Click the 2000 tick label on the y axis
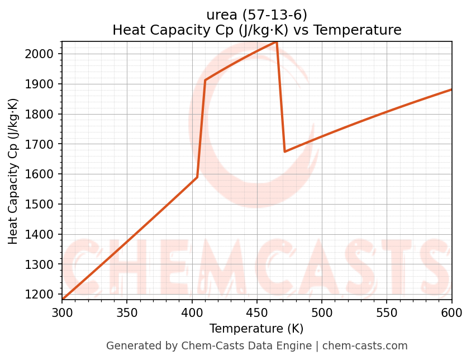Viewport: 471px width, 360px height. tap(43, 54)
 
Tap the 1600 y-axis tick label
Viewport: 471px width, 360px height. tap(43, 174)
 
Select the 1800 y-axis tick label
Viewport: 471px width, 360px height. tap(43, 115)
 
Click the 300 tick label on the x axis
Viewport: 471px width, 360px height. tap(62, 312)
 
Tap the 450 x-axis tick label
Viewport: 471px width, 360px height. tap(256, 312)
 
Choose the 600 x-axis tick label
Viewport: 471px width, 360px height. tap(451, 312)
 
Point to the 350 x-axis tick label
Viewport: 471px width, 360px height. tap(127, 312)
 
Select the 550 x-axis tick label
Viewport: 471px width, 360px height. tap(387, 312)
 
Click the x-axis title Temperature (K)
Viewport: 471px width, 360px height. tap(256, 329)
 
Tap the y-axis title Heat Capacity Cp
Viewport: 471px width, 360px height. tap(13, 170)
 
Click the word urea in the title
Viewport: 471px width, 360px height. tap(221, 15)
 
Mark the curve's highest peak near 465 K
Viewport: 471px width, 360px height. tap(276, 42)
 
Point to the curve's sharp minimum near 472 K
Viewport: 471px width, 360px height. tap(285, 151)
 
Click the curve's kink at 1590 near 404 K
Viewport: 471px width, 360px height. tap(197, 177)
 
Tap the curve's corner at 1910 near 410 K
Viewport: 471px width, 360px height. tap(205, 80)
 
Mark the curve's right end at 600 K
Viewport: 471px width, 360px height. tap(451, 89)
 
